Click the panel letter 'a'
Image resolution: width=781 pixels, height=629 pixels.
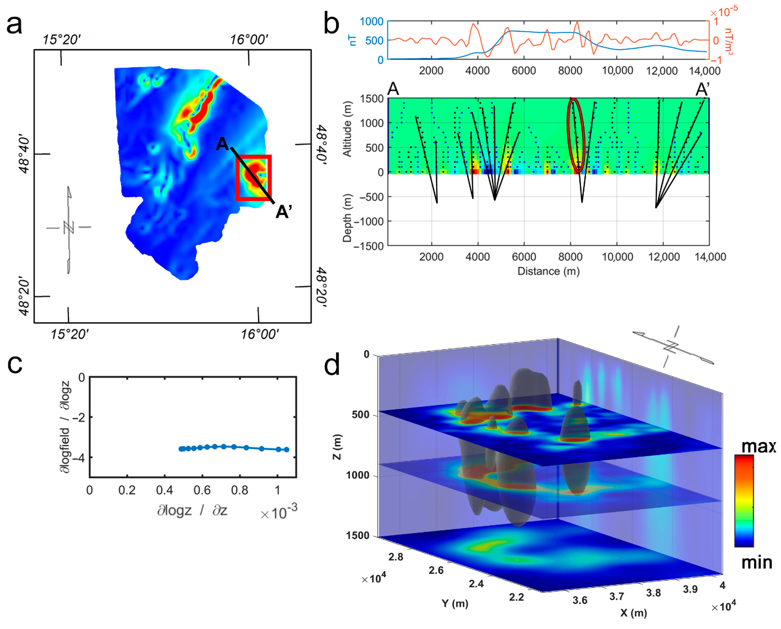[x=14, y=25]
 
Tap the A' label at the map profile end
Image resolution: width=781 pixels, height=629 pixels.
[x=284, y=212]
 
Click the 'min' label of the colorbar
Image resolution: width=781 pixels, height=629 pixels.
[x=757, y=563]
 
